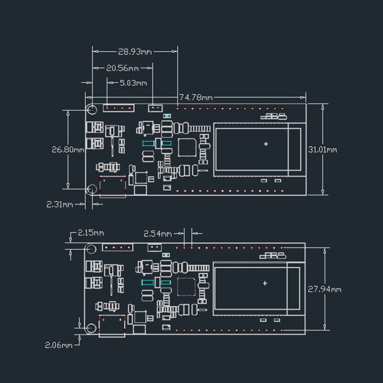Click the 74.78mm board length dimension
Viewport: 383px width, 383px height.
click(x=196, y=97)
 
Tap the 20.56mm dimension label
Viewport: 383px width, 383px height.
click(x=123, y=68)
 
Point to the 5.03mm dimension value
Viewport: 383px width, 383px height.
click(x=133, y=83)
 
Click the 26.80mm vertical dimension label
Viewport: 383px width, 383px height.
click(x=68, y=150)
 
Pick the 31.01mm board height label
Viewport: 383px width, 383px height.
click(x=323, y=150)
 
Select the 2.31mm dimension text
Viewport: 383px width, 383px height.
click(x=60, y=204)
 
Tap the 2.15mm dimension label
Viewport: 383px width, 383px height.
click(x=90, y=233)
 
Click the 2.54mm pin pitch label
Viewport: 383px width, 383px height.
click(x=157, y=233)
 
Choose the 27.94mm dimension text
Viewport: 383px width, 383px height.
click(x=324, y=289)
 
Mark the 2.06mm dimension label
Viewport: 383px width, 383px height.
click(x=59, y=345)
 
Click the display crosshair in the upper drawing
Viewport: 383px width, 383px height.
click(x=266, y=144)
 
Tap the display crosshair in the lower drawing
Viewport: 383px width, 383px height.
click(x=265, y=283)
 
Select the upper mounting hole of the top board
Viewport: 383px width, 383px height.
click(x=92, y=109)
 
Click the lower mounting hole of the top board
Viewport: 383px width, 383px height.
click(x=91, y=189)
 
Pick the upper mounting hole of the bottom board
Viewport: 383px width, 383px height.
click(x=91, y=249)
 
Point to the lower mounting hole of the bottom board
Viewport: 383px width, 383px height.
click(x=91, y=328)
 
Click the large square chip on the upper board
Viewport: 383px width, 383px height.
click(x=187, y=148)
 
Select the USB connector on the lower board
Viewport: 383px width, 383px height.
click(x=112, y=325)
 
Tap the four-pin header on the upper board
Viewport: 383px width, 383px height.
click(x=118, y=108)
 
